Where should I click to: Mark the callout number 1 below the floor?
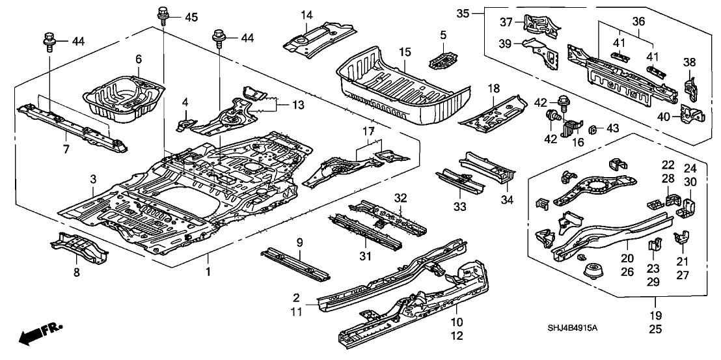click(209, 270)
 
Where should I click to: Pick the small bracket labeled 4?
click(187, 122)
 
